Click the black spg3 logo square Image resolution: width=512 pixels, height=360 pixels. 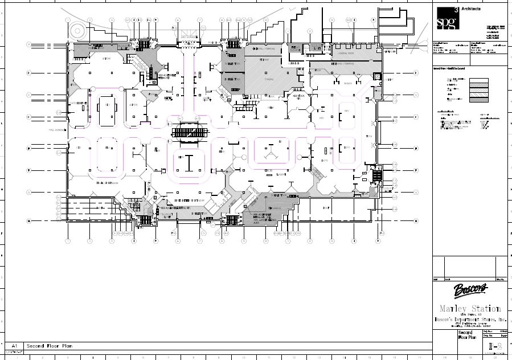447,19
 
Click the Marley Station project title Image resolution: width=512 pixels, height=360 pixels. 470,308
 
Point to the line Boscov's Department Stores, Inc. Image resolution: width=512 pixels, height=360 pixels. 470,321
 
